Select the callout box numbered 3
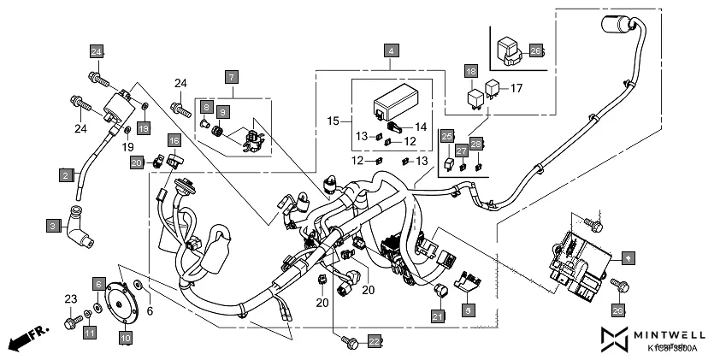coord(52,227)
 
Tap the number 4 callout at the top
coord(390,50)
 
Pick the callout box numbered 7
coord(231,77)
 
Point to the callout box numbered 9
coord(222,112)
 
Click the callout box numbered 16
coord(174,140)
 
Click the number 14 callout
coord(420,126)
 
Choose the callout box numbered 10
coord(125,339)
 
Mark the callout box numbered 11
coord(90,332)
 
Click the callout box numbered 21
coord(438,317)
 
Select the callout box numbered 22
coord(374,341)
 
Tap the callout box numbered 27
coord(461,150)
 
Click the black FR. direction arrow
coord(26,340)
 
